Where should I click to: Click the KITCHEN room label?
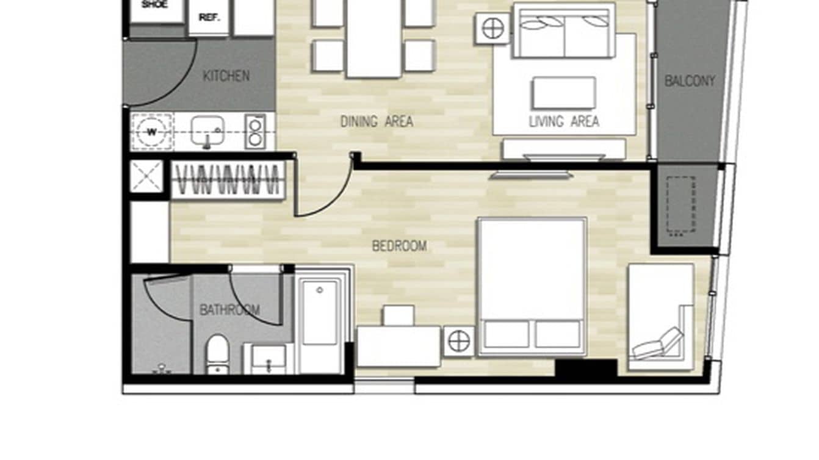pyautogui.click(x=226, y=76)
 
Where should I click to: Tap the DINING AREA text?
pyautogui.click(x=377, y=122)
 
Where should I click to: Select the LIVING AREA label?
pyautogui.click(x=564, y=122)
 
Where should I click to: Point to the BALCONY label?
pyautogui.click(x=690, y=81)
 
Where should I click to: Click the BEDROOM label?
pyautogui.click(x=400, y=246)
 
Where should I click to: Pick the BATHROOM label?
pyautogui.click(x=229, y=310)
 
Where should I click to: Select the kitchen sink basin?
pyautogui.click(x=207, y=130)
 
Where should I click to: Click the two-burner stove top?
pyautogui.click(x=255, y=132)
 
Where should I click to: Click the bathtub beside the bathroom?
pyautogui.click(x=320, y=320)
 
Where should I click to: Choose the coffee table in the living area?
pyautogui.click(x=564, y=93)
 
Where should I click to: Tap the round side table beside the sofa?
pyautogui.click(x=492, y=27)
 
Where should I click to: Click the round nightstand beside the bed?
pyautogui.click(x=459, y=341)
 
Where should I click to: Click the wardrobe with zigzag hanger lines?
pyautogui.click(x=228, y=180)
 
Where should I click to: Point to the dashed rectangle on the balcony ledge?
pyautogui.click(x=681, y=206)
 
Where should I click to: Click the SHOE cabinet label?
pyautogui.click(x=154, y=5)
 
